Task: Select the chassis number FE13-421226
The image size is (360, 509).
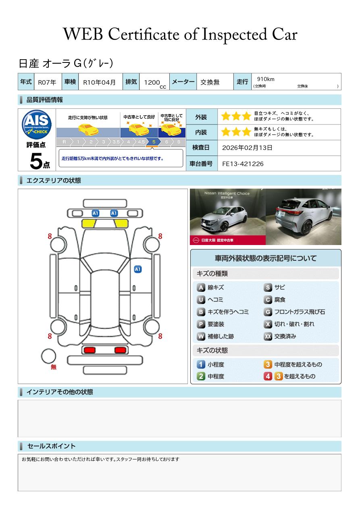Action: (x=243, y=164)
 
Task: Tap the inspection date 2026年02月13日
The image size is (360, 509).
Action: (x=247, y=148)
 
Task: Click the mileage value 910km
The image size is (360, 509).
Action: (x=266, y=79)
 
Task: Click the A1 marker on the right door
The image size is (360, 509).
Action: (x=137, y=269)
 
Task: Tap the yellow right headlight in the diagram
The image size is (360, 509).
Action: (x=121, y=224)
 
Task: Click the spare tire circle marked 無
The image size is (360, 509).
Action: (x=49, y=356)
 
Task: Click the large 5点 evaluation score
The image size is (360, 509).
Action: (x=39, y=162)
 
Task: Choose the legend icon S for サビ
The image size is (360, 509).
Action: (x=268, y=288)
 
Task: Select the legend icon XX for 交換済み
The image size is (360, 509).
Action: (x=268, y=337)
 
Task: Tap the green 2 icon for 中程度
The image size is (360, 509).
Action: (x=201, y=376)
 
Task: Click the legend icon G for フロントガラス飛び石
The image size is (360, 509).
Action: (x=268, y=312)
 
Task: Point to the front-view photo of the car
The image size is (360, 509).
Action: (x=227, y=216)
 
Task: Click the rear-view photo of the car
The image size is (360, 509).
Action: (x=304, y=216)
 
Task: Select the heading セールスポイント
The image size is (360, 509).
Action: (x=51, y=446)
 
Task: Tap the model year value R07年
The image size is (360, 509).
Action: (x=47, y=82)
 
